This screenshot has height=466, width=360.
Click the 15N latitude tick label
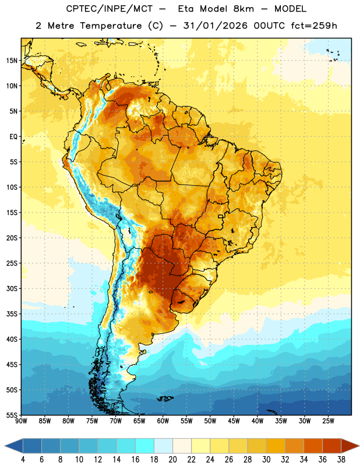[x=12, y=61]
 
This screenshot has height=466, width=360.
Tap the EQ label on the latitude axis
[x=13, y=137]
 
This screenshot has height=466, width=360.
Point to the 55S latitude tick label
[x=12, y=415]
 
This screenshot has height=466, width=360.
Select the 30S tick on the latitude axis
[x=12, y=288]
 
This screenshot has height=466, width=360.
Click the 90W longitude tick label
[x=22, y=421]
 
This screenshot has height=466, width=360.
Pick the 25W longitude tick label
[x=328, y=421]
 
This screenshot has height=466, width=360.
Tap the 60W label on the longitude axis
[x=163, y=421]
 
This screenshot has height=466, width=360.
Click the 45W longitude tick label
[x=234, y=421]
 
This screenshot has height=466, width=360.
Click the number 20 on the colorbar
[x=172, y=460]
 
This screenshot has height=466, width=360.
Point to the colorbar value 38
[x=341, y=460]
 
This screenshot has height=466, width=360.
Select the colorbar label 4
[x=23, y=460]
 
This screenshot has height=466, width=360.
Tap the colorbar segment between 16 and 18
[x=145, y=446]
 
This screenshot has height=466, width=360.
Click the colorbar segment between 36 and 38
[x=332, y=446]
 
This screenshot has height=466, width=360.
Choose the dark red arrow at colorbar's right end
[x=350, y=446]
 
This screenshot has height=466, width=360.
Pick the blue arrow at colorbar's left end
[x=13, y=446]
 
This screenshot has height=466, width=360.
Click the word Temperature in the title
[x=111, y=26]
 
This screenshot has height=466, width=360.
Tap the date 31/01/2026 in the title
[x=215, y=26]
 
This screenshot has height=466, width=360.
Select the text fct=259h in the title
[x=314, y=26]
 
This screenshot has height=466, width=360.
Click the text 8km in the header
[x=243, y=9]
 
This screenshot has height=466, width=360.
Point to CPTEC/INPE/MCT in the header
[x=109, y=9]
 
